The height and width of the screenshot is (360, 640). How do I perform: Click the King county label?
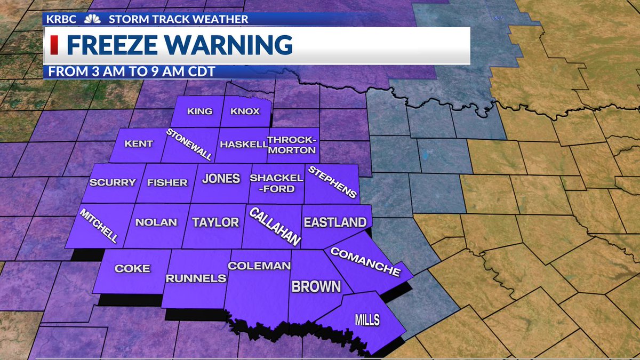point(200,111)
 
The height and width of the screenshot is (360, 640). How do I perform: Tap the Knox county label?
point(245,111)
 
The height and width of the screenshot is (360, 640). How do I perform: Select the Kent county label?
point(139,143)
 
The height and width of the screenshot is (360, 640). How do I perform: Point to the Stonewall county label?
point(189,145)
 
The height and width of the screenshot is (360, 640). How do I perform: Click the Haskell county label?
point(244,145)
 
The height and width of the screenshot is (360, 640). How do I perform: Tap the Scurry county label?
point(113,182)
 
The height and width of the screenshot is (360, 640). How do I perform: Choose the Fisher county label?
point(167,182)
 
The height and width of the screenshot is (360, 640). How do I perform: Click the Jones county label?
point(221,179)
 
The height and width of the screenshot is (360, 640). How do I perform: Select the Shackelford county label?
point(276,183)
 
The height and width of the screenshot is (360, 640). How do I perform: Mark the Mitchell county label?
point(99,225)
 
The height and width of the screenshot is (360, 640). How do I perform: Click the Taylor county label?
point(215,222)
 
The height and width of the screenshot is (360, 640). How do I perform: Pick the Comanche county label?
point(365,261)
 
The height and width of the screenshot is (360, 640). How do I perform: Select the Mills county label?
point(367,320)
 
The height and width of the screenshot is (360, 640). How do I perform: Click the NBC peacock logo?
point(92,19)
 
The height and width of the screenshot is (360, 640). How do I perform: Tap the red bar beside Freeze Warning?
point(54,45)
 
